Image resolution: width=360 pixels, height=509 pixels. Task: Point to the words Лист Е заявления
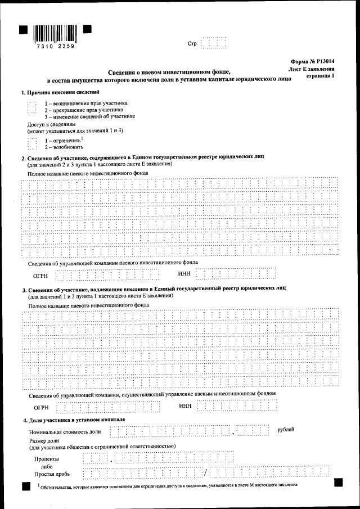pos(312,68)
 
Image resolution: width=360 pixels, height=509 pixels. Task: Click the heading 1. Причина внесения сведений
pos(60,92)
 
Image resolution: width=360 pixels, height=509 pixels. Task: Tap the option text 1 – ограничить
pos(63,139)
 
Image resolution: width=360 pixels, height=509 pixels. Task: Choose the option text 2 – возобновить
pos(65,146)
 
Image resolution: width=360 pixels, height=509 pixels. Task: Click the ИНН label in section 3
pos(185,406)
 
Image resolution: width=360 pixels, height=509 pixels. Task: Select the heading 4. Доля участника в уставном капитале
pos(74,420)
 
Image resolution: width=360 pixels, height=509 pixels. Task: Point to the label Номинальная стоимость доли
pos(65,431)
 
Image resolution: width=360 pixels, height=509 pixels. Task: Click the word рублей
pos(286,430)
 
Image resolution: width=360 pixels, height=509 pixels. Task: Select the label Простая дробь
pos(52,474)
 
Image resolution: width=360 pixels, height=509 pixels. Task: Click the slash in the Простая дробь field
pos(206,472)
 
